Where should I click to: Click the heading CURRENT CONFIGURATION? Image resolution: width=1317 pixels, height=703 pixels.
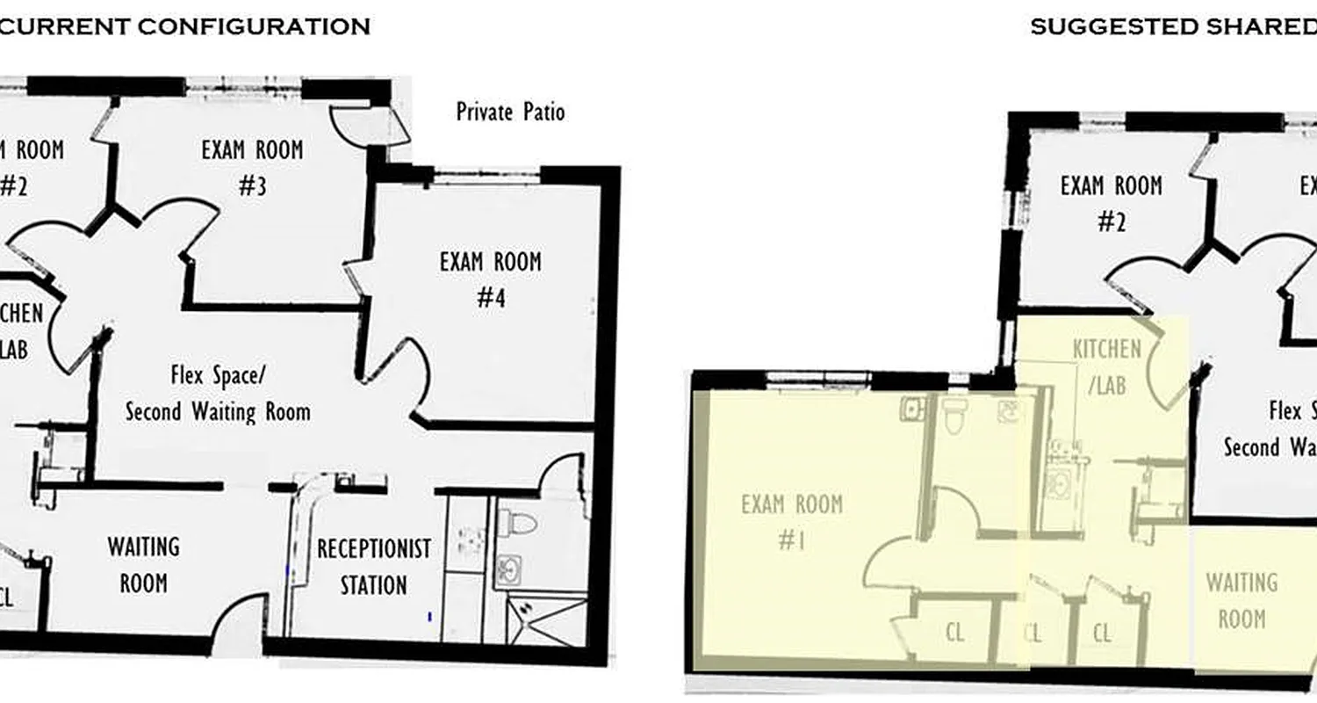(x=184, y=26)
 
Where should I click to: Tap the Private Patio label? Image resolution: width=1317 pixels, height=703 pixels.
(x=510, y=112)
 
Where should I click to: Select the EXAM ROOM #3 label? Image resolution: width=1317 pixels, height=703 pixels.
(x=252, y=167)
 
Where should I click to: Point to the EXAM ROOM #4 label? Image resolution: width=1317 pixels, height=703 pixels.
(x=491, y=279)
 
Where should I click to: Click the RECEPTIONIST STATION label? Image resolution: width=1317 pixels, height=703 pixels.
(x=374, y=567)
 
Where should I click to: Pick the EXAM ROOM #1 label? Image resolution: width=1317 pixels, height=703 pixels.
(x=792, y=522)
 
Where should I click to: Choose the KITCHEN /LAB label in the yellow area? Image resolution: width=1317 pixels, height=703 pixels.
(x=1107, y=366)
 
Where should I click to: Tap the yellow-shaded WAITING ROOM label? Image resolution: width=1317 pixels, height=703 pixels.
(x=1241, y=600)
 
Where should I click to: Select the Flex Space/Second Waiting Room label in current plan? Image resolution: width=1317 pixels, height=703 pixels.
(x=218, y=394)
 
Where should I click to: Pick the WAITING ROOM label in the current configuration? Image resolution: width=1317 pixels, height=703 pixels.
(x=143, y=565)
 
